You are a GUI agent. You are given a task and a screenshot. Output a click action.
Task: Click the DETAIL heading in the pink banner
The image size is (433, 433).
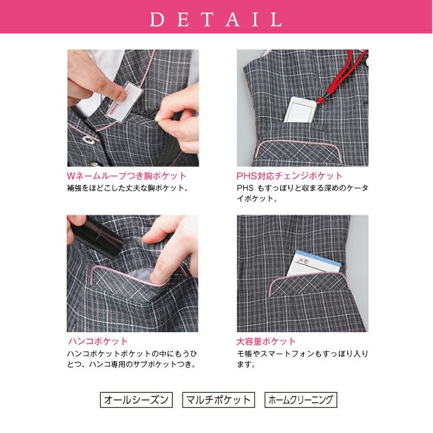(216, 19)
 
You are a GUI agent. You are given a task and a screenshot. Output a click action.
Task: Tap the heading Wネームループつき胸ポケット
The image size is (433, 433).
(127, 176)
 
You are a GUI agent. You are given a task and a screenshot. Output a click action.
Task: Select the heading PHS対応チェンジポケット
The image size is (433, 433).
(289, 176)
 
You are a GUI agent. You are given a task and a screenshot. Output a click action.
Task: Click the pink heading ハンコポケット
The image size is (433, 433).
(98, 341)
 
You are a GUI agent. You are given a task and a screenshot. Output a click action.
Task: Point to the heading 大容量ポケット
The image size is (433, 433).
(266, 341)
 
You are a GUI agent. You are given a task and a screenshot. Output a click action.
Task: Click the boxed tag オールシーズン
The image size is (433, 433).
(136, 400)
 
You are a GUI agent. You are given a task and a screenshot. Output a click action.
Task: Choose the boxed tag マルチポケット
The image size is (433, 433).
(218, 400)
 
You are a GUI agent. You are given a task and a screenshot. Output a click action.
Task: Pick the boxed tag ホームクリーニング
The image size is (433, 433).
(301, 400)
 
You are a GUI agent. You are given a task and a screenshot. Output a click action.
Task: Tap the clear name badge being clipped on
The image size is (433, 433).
(125, 101)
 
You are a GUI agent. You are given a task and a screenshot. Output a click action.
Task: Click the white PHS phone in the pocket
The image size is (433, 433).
(299, 110)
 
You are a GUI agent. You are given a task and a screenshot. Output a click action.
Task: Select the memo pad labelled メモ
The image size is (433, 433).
(314, 263)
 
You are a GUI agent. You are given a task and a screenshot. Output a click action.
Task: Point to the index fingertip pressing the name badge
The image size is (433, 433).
(121, 95)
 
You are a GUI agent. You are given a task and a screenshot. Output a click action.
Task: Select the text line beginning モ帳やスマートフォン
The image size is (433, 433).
(302, 354)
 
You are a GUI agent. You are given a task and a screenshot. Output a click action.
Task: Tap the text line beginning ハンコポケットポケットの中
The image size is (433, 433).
(132, 354)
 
